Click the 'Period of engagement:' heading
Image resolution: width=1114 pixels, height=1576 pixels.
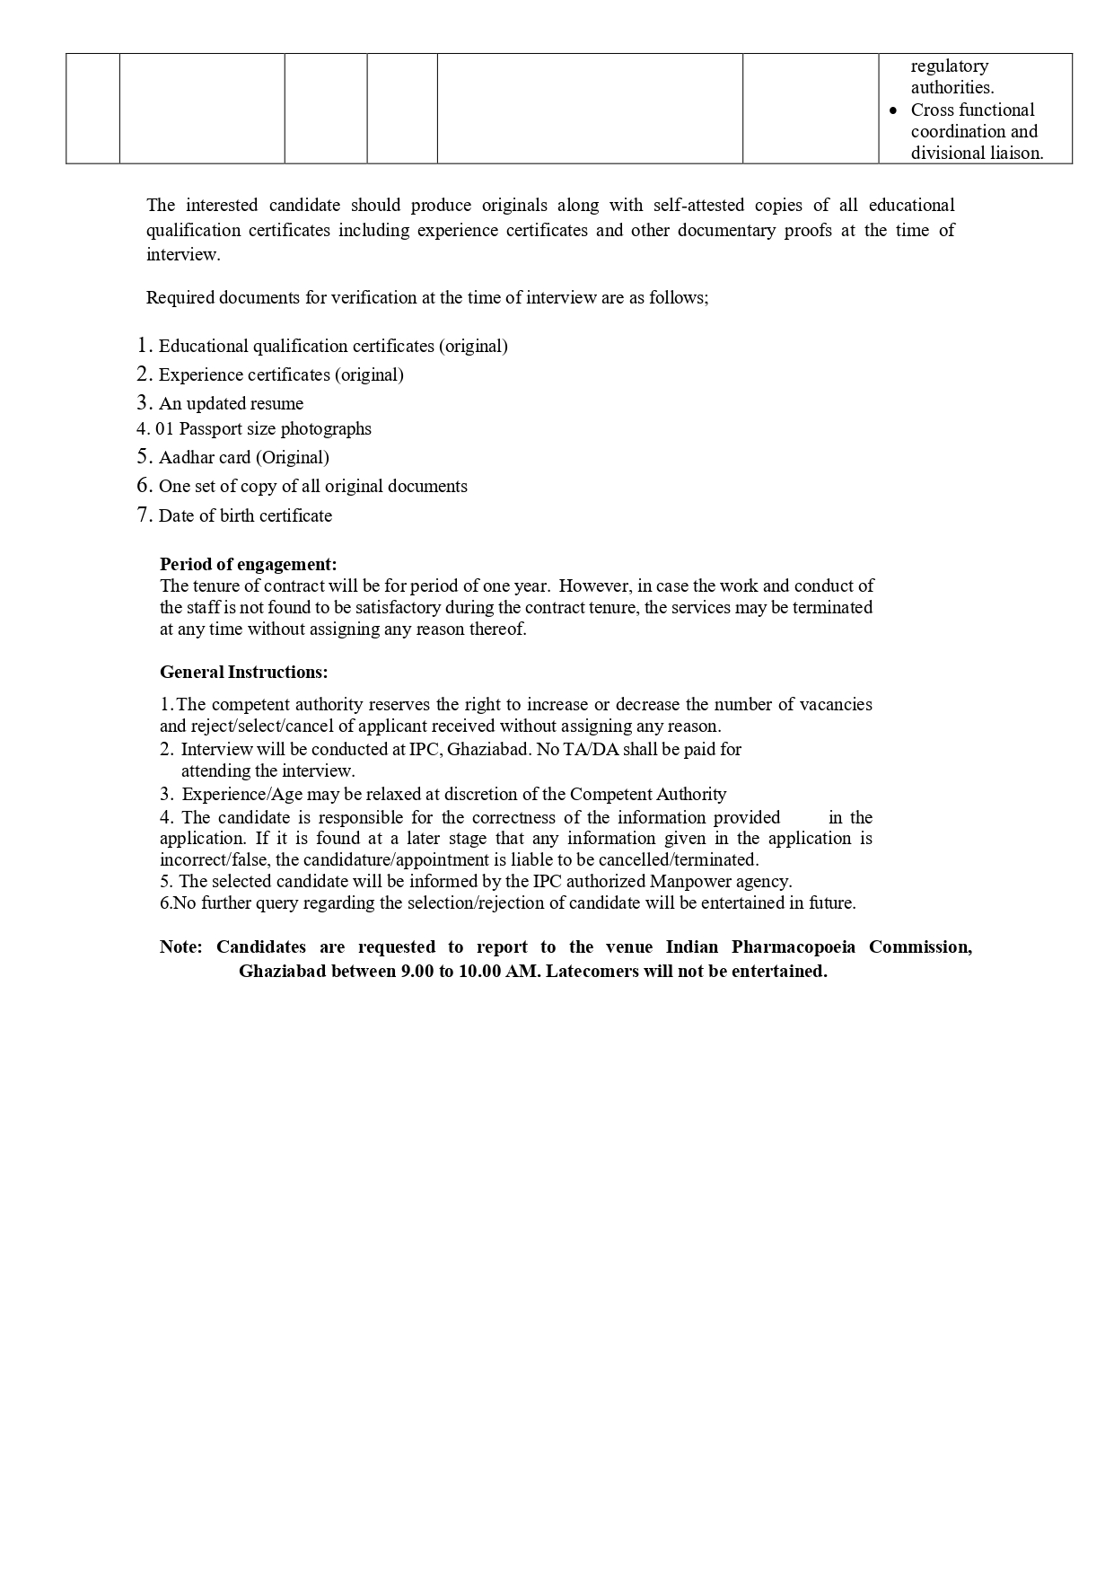coord(248,564)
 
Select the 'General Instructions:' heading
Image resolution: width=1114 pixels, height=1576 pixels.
coord(243,672)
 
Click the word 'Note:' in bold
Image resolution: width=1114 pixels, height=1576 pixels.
coord(181,946)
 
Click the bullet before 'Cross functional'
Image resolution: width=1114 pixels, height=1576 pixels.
coord(892,110)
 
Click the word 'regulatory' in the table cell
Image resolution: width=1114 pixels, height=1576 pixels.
coord(949,66)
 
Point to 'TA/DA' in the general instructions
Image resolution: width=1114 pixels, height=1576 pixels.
coord(591,749)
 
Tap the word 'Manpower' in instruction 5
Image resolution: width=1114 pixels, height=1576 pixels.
coord(689,881)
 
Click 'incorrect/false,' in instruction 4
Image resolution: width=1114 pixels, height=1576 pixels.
coord(215,859)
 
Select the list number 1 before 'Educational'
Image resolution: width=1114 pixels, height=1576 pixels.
coord(143,345)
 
